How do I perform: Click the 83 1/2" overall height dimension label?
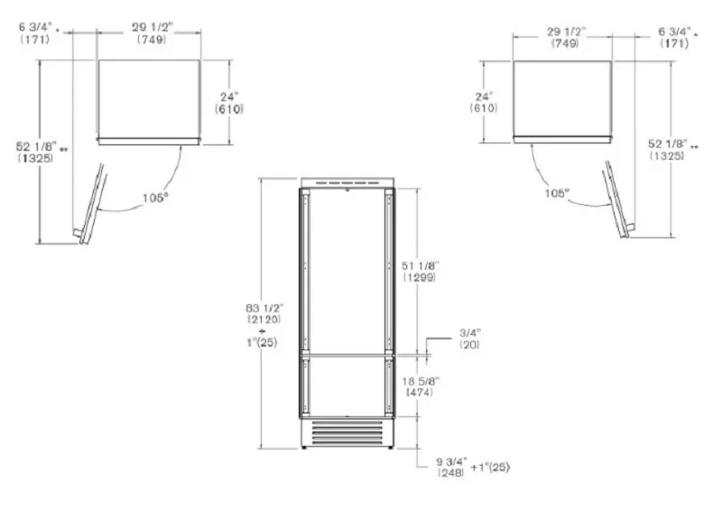tap(264, 313)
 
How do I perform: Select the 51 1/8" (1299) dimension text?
tap(420, 272)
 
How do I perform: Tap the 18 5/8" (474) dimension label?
tap(421, 386)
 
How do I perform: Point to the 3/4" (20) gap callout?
tap(470, 338)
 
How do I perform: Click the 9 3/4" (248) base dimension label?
tap(452, 467)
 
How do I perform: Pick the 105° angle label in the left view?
tap(154, 198)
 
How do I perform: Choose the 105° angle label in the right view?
tap(557, 193)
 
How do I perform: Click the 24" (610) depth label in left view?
tap(229, 103)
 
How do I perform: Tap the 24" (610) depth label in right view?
tap(484, 102)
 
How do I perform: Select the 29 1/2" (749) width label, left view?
tap(152, 33)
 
